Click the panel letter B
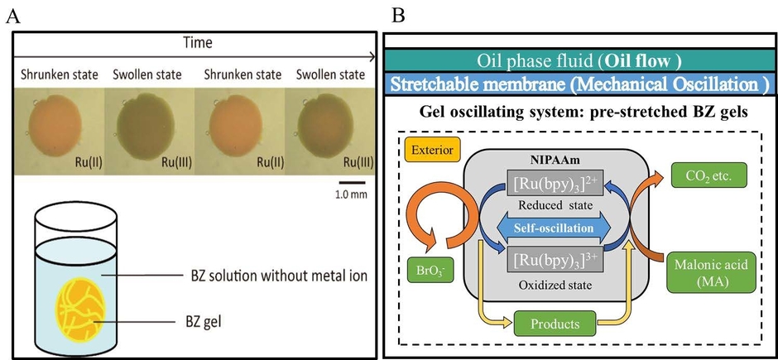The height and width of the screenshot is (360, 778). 397,15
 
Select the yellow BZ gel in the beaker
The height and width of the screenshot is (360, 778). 77,302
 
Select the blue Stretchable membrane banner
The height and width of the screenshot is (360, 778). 579,84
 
